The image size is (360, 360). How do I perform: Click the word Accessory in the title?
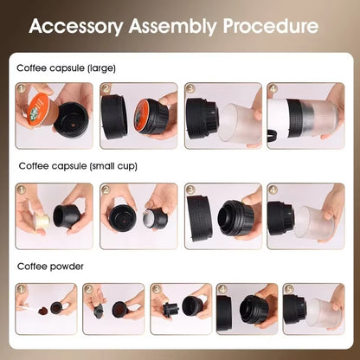coord(75,25)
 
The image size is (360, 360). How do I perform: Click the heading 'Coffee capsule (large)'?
coord(66,67)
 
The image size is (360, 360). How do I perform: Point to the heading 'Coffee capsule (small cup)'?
coord(78,164)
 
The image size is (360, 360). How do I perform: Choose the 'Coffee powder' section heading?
coord(49,267)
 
